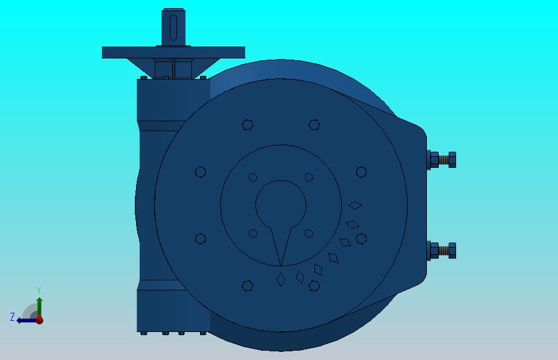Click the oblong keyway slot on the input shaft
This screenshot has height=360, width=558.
(173, 28)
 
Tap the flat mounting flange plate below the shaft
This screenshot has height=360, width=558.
(173, 52)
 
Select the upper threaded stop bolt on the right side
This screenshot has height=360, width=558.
(442, 160)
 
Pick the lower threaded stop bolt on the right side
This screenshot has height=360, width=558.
(442, 251)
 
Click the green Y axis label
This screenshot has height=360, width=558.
(39, 290)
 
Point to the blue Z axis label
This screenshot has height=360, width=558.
(12, 316)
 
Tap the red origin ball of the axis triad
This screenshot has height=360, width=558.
(39, 320)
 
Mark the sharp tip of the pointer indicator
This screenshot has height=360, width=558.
(281, 265)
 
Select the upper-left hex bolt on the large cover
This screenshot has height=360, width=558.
(247, 125)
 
